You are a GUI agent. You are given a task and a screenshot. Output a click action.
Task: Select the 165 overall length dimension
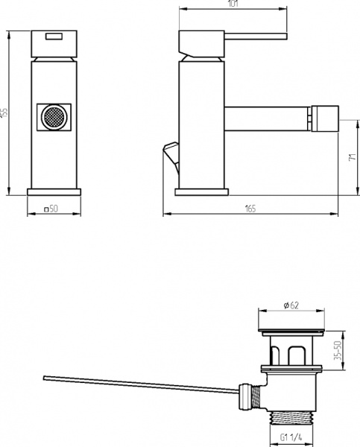(x=249, y=209)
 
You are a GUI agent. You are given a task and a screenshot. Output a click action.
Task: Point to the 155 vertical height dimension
(x=5, y=112)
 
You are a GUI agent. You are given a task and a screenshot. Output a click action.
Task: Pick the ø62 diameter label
(x=291, y=304)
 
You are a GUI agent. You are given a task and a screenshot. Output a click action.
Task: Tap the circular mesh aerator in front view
(x=54, y=118)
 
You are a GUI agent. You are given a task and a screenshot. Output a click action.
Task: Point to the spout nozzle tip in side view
(x=326, y=117)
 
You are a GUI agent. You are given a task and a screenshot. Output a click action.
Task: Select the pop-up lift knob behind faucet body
(x=170, y=153)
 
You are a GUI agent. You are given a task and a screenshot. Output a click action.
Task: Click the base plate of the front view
(x=54, y=191)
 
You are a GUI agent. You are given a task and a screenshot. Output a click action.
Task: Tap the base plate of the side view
(x=201, y=191)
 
